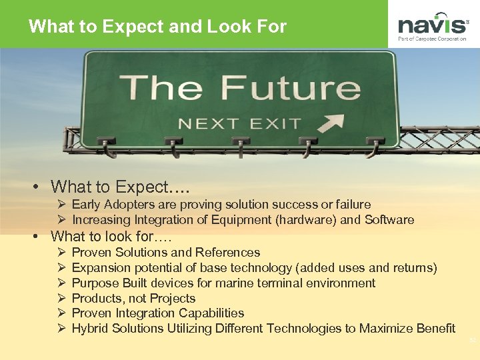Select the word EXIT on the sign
point(275,124)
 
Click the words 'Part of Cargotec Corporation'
point(433,39)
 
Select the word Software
point(390,220)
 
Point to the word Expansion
point(101,268)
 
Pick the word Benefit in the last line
point(433,329)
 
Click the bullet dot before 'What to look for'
point(41,237)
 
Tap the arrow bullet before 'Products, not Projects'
point(59,299)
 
